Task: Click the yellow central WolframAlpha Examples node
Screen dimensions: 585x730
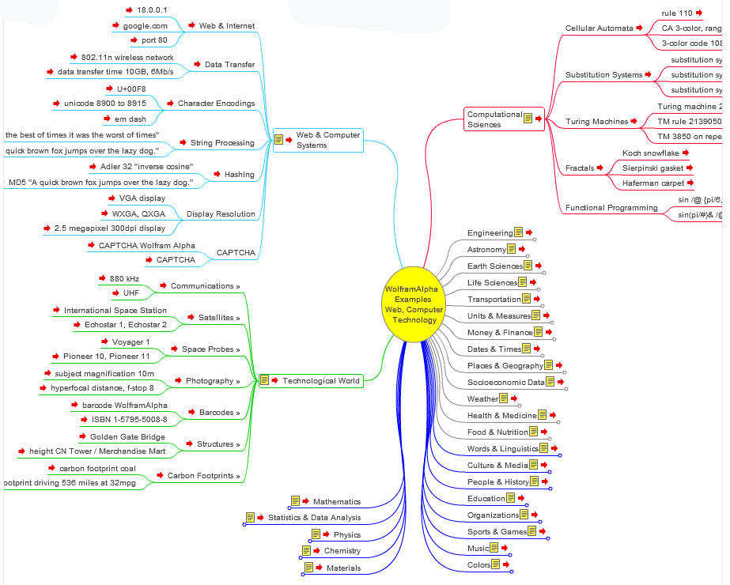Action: [414, 304]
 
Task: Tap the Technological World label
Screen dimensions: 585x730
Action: [322, 380]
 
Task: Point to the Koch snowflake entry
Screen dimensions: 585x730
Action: [650, 153]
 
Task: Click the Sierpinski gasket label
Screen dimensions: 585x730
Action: [653, 168]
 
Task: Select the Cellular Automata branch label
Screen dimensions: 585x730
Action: [599, 28]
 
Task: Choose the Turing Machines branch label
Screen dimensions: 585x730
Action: [596, 122]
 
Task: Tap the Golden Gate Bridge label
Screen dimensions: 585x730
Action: [127, 436]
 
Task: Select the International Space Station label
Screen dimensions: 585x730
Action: [115, 311]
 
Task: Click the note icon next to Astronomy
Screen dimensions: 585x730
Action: [512, 249]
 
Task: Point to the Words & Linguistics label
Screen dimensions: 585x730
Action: [503, 449]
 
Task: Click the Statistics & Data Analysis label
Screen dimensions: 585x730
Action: [314, 518]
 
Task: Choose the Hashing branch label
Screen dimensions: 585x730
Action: [240, 175]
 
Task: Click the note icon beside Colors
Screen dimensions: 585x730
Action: [496, 564]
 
